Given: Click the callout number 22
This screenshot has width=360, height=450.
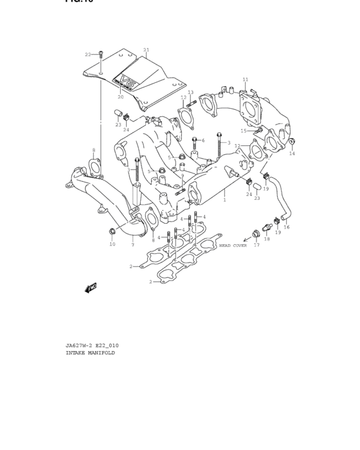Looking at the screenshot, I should [x=88, y=55].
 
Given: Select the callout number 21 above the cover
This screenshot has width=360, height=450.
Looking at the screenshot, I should [x=146, y=50].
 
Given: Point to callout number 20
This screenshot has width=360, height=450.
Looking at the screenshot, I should [x=120, y=97].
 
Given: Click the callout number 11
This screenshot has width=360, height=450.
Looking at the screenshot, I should [x=245, y=80].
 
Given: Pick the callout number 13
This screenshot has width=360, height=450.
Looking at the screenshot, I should [x=190, y=93].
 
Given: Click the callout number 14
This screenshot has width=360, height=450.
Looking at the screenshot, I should [x=292, y=154].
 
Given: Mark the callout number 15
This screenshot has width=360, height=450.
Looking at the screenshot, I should [x=244, y=130].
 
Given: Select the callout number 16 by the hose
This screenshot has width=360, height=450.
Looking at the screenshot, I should [x=287, y=227].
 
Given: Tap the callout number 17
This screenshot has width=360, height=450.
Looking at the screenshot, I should [x=257, y=245].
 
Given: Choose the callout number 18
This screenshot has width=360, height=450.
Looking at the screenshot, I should [x=267, y=239].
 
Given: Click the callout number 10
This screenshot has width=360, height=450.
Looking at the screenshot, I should [x=112, y=244].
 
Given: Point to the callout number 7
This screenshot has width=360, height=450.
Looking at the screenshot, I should [x=132, y=245].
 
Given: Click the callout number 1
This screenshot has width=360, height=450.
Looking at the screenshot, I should [x=224, y=200].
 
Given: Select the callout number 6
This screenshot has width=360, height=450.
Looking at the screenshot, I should [x=203, y=140].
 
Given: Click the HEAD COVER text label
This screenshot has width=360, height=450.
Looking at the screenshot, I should [x=233, y=246].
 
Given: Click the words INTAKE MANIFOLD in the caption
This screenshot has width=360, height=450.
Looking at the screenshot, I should [x=90, y=353].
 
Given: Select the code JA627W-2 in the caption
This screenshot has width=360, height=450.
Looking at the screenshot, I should [x=78, y=345].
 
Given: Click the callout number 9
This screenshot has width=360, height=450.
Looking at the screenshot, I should [x=182, y=175].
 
